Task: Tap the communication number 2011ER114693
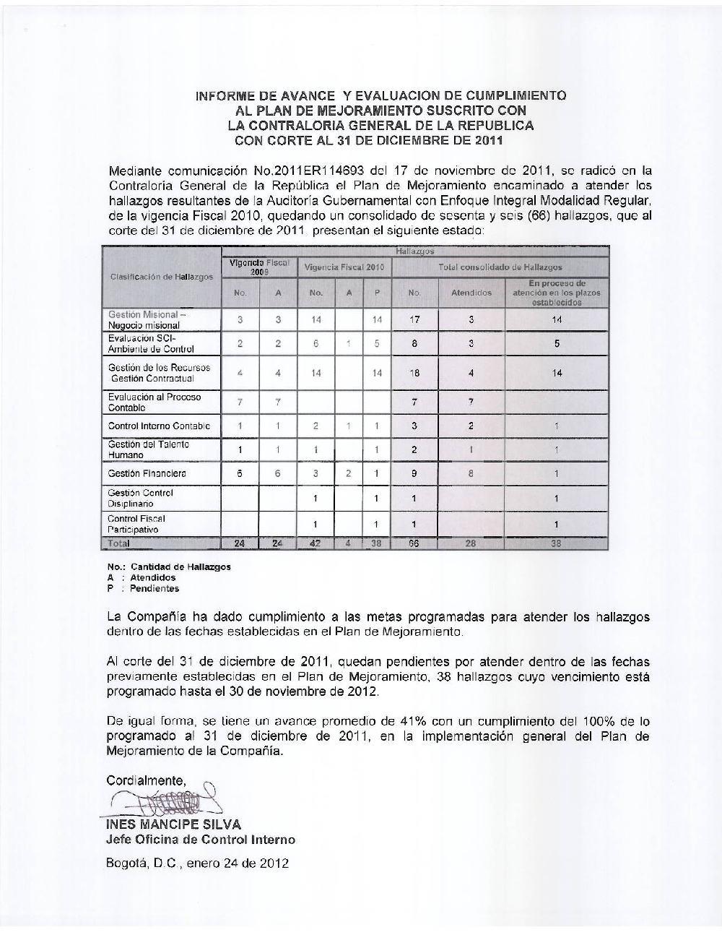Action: point(298,171)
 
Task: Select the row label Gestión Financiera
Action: point(147,474)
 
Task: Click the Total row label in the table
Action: point(118,543)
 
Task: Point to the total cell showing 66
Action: point(414,543)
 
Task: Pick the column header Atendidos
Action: point(471,293)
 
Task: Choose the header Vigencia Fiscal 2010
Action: point(344,267)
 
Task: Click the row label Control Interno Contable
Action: point(159,426)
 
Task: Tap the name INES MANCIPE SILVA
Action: point(173,824)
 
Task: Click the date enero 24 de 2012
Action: point(238,863)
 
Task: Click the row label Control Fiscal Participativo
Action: point(136,524)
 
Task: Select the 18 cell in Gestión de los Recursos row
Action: point(414,373)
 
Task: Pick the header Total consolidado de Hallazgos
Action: point(500,267)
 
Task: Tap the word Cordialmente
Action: point(146,780)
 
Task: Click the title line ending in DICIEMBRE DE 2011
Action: point(369,140)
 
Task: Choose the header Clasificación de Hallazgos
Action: point(161,277)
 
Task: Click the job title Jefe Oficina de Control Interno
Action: point(201,840)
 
